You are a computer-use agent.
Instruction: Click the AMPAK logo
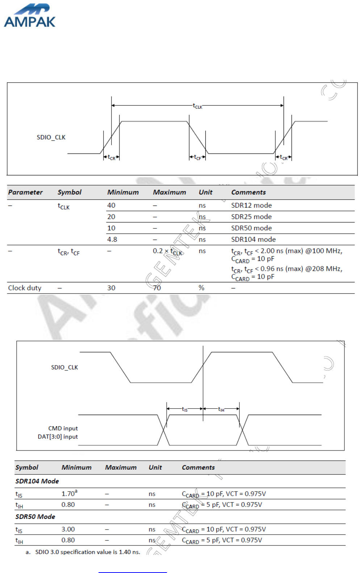(30, 16)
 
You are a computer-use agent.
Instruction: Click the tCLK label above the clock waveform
(197, 106)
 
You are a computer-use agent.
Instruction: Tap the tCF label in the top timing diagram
(197, 157)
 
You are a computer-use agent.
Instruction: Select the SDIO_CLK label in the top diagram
(51, 137)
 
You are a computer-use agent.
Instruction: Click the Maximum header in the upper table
(169, 192)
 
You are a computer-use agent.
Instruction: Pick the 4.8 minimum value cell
(112, 240)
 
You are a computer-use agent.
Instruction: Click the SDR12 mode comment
(251, 205)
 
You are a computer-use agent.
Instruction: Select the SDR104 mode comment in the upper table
(253, 240)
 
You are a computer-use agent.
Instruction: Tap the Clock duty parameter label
(25, 288)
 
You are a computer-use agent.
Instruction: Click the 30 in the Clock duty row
(111, 288)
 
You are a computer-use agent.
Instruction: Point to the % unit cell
(201, 288)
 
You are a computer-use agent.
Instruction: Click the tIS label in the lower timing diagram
(185, 409)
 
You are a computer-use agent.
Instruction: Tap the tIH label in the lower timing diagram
(221, 409)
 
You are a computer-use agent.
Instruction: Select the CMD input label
(63, 428)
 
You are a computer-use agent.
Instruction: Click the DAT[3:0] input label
(58, 437)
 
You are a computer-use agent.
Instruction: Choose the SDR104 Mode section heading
(37, 481)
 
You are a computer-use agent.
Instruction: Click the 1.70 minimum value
(69, 494)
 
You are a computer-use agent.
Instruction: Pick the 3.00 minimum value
(68, 530)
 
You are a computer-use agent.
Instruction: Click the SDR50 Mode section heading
(35, 517)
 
